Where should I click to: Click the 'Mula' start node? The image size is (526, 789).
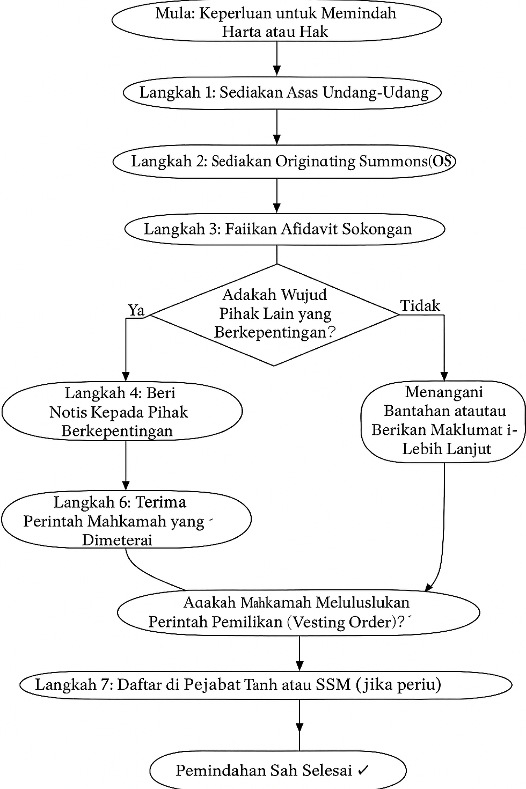click(x=276, y=21)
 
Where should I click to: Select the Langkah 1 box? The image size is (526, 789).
click(x=282, y=92)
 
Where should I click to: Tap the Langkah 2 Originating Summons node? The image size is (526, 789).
click(x=284, y=161)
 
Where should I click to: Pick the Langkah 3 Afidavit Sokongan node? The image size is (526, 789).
click(x=284, y=229)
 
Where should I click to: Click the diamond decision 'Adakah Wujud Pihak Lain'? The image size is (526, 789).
click(x=275, y=314)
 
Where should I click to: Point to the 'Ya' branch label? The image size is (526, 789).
click(x=136, y=310)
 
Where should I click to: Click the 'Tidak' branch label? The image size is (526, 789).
click(x=420, y=306)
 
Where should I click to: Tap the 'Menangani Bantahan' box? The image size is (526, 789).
click(x=443, y=421)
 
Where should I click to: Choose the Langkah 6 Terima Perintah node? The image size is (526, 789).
click(x=126, y=521)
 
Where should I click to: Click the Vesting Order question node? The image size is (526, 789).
click(x=298, y=612)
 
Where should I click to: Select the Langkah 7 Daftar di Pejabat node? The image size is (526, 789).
click(x=266, y=685)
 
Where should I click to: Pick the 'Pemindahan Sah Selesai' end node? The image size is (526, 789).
click(x=277, y=771)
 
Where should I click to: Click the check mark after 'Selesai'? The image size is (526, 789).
click(x=363, y=771)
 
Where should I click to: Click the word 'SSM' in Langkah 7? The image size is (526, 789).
click(x=333, y=685)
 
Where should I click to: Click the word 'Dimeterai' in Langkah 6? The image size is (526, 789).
click(x=117, y=540)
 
